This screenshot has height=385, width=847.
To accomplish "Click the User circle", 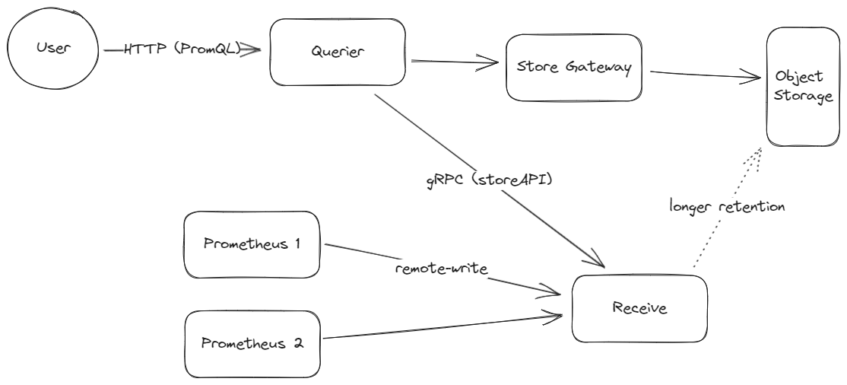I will click(x=52, y=50).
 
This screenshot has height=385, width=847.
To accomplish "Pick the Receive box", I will click(x=639, y=308).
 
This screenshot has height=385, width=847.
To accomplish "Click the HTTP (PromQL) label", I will click(x=183, y=49).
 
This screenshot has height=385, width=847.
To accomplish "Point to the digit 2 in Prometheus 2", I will click(x=297, y=342).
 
